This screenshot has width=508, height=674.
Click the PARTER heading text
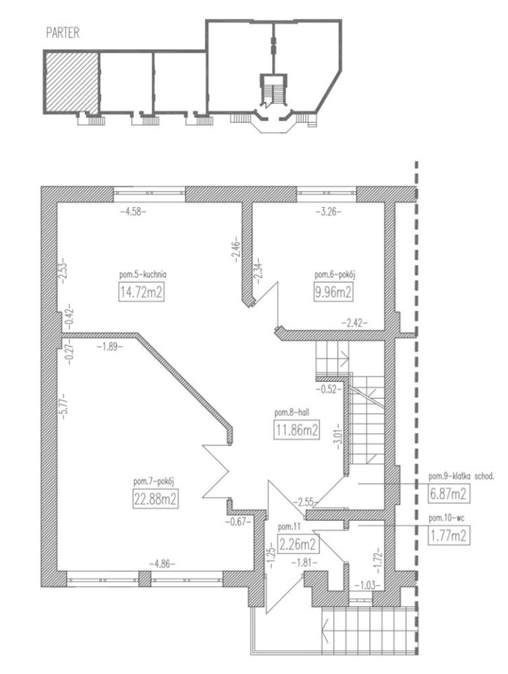(x=62, y=33)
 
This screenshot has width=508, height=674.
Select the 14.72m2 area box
(x=141, y=293)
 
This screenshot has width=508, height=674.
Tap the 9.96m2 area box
(x=333, y=293)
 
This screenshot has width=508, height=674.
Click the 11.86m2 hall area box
(x=296, y=430)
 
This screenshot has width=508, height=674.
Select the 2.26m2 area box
(x=298, y=545)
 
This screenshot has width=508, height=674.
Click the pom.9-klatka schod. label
(x=462, y=476)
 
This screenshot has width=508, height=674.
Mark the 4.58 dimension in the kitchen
(x=133, y=211)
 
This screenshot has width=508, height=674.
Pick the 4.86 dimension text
(x=162, y=564)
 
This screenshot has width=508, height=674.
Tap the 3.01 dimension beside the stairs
(x=338, y=437)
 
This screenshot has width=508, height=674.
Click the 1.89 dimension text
(x=109, y=345)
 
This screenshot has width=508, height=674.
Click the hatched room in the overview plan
(x=72, y=81)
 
